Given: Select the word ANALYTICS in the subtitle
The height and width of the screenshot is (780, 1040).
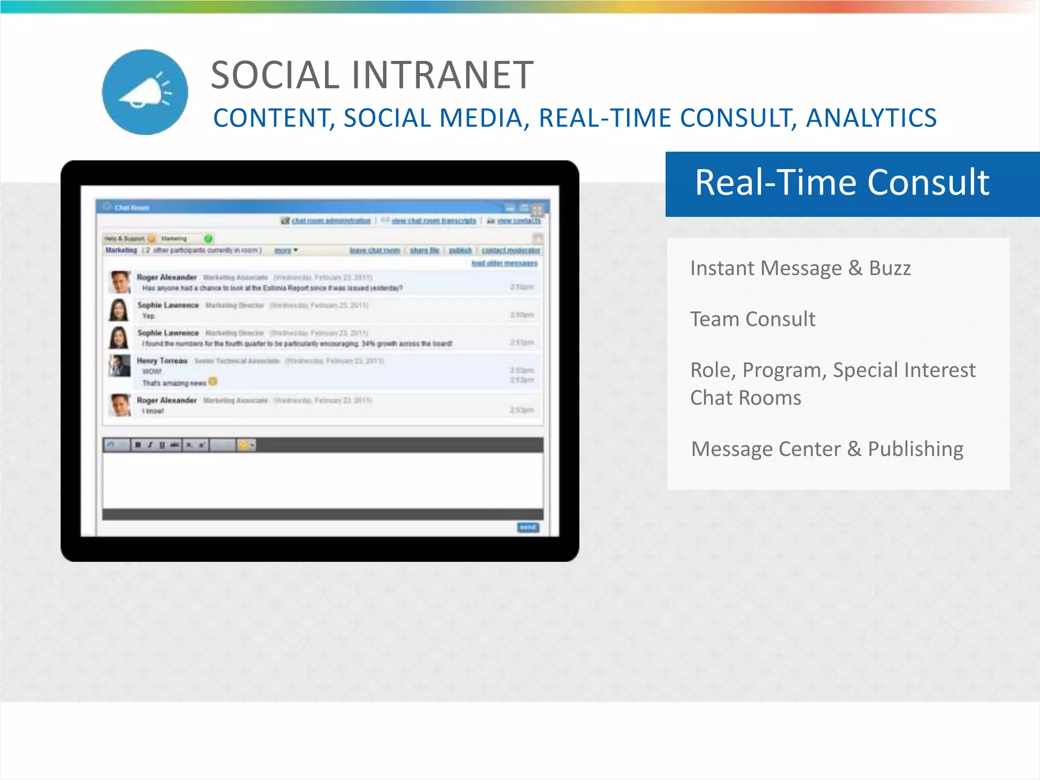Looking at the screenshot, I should (x=871, y=118).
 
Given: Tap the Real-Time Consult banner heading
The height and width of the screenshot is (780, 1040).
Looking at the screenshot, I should (x=842, y=182).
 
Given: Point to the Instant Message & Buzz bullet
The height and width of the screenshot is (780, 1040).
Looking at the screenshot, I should (x=800, y=268).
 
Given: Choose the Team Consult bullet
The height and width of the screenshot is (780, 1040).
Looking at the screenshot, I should (x=753, y=319).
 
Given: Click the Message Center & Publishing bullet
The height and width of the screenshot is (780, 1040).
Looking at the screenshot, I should (x=827, y=449).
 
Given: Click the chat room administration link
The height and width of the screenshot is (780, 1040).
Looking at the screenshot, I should (x=331, y=220).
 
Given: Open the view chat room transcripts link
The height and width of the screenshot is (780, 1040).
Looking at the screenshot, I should (x=434, y=220).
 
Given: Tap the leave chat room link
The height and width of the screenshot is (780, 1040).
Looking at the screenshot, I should (x=375, y=250).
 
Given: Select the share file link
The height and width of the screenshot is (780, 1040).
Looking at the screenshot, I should (x=424, y=250).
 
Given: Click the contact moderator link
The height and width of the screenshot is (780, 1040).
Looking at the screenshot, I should (x=510, y=250).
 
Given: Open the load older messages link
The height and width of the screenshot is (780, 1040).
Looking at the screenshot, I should (x=504, y=263).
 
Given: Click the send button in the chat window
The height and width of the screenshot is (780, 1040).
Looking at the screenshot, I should (x=528, y=527).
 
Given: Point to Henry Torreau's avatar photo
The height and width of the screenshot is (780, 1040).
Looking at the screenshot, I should (x=120, y=366).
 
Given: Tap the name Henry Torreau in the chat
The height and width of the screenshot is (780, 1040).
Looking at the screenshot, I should (x=162, y=361).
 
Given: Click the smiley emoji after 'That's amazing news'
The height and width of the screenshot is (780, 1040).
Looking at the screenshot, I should (x=213, y=381).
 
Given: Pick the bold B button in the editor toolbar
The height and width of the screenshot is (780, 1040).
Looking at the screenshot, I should (x=138, y=445).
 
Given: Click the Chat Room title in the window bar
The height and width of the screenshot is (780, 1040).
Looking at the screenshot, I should (x=132, y=207).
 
